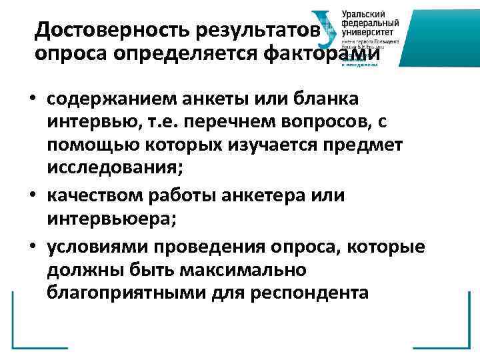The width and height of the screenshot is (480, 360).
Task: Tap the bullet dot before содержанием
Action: point(31,100)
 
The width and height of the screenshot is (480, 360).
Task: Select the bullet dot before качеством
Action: point(31,195)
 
